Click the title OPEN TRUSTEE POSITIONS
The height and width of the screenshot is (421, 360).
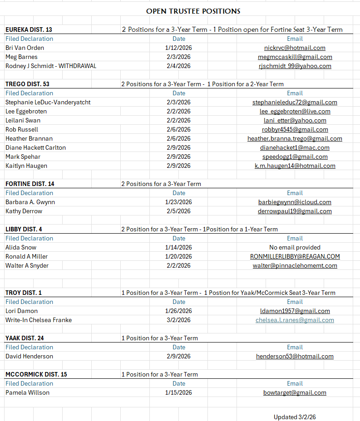click(193, 11)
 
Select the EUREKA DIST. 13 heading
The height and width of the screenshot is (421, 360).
click(29, 29)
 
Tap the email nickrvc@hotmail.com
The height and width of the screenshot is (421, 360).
click(295, 48)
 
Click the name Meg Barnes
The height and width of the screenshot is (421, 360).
click(21, 57)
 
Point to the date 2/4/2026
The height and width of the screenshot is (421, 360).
click(178, 66)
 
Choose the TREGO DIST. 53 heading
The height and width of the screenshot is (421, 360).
click(27, 84)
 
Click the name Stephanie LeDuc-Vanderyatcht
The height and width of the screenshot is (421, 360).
click(48, 102)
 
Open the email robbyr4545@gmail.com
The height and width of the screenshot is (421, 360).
click(295, 129)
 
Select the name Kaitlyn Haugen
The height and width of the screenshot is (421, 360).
click(26, 166)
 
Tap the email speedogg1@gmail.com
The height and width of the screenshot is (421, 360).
click(295, 157)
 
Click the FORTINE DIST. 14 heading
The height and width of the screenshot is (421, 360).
click(30, 184)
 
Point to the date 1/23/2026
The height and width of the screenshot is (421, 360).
click(178, 202)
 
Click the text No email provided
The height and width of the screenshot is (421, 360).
click(295, 247)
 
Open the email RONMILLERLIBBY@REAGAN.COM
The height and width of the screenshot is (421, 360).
click(295, 256)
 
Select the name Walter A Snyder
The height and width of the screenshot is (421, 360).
click(27, 265)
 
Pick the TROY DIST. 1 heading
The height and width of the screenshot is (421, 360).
click(24, 293)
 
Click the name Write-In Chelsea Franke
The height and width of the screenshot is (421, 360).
click(39, 320)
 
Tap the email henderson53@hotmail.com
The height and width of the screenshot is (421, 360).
click(295, 356)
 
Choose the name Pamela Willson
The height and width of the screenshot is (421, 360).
click(27, 392)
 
